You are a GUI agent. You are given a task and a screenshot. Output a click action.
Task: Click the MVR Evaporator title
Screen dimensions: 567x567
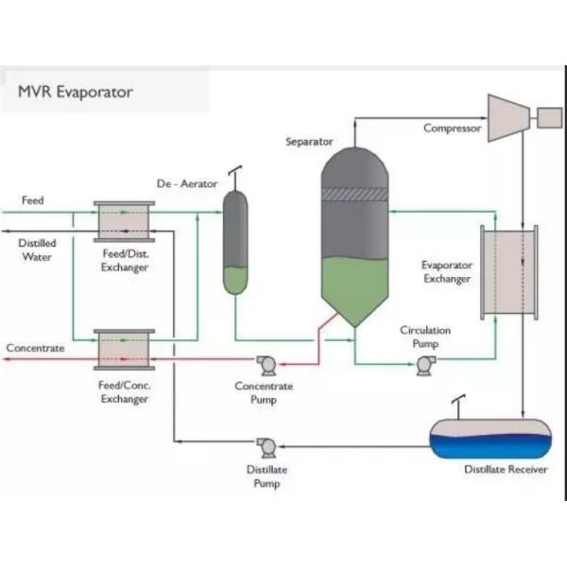coord(76,92)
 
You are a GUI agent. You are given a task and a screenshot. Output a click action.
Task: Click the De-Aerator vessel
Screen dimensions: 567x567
coord(235,243)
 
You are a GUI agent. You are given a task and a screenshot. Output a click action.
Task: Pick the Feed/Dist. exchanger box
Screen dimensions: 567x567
coord(124,221)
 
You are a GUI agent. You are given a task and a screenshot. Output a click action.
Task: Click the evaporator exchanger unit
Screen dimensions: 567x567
coord(509,271)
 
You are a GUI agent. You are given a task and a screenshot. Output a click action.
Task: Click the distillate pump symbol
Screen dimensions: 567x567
coord(266,445)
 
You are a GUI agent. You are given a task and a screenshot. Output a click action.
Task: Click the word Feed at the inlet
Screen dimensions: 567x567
coord(33,200)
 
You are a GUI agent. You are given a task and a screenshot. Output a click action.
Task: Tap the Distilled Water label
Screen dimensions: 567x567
coord(38,249)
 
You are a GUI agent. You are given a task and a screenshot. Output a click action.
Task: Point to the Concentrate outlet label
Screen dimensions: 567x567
coord(36,348)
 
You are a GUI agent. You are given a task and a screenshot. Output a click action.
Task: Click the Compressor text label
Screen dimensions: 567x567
coord(452,129)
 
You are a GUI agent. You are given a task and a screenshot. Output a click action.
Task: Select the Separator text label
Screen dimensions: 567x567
coord(309,142)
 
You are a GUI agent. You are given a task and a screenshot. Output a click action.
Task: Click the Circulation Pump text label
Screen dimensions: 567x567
coord(425,337)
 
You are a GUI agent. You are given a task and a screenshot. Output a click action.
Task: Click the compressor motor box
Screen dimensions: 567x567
coord(549,117)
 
